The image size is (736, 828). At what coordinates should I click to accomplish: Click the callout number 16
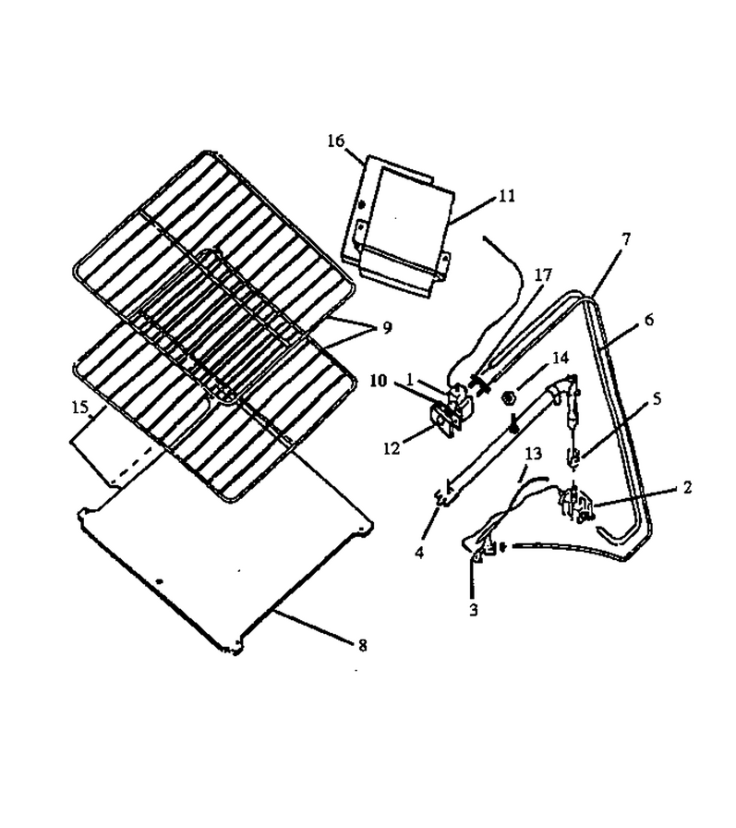point(335,141)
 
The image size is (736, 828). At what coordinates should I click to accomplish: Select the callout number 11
point(506,197)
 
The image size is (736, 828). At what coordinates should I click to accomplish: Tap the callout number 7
point(626,239)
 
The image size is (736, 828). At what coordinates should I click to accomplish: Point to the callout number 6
point(649,320)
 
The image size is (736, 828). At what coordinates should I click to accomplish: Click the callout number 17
point(543,275)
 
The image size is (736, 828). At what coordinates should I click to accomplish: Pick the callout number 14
point(561,358)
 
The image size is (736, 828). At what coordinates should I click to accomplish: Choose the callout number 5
point(657,399)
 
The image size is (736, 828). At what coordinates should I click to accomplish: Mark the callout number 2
point(686,487)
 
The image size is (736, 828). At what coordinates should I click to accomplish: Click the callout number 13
point(534,453)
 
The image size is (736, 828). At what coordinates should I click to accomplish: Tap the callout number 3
point(473,609)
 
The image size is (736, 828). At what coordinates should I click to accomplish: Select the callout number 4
point(419,553)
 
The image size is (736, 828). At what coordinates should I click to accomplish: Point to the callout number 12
point(392,448)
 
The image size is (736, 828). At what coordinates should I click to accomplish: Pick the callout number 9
point(387,328)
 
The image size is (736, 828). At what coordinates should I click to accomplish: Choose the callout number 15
point(79,408)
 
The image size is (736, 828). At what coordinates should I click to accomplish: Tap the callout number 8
point(362,645)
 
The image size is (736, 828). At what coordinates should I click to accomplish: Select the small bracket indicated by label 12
point(442,420)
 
